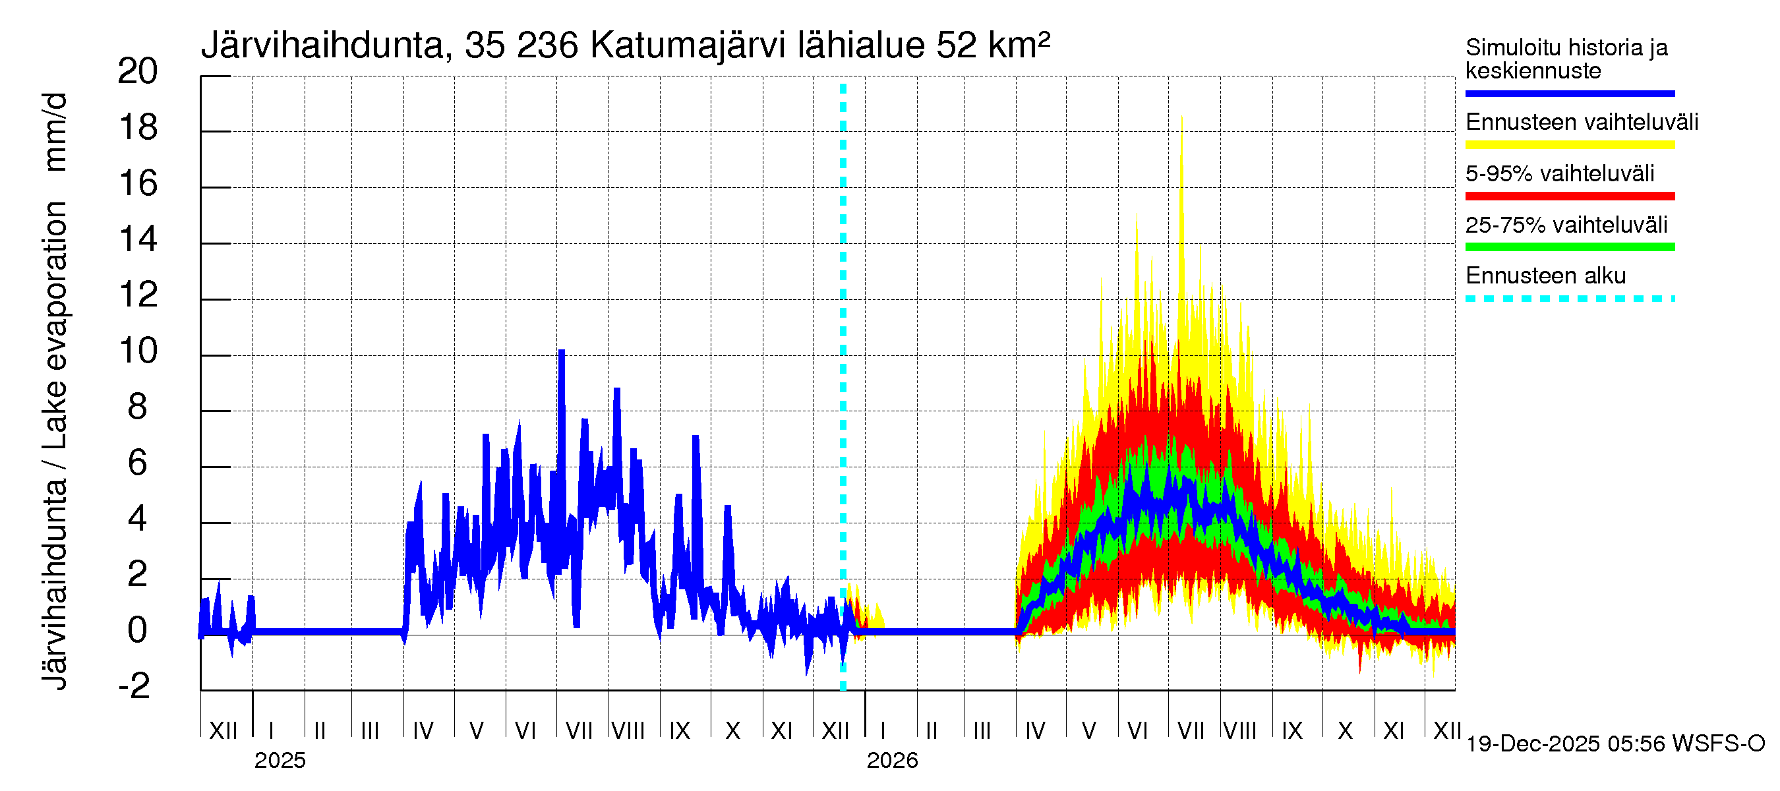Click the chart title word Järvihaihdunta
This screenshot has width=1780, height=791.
tap(322, 46)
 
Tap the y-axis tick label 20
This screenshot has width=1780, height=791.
tap(138, 71)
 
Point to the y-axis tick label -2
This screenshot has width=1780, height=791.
tap(134, 686)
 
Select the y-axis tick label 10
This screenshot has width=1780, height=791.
tap(138, 351)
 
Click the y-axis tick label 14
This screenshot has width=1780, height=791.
tap(138, 239)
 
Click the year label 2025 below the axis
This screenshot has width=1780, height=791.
tap(279, 760)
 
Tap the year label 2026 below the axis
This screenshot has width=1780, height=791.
tap(891, 760)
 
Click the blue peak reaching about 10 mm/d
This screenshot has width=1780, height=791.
tap(561, 354)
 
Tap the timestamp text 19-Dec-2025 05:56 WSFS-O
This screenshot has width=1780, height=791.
tap(1615, 744)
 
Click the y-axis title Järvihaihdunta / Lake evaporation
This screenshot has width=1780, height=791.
tap(55, 390)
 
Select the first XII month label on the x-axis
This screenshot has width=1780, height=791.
tap(223, 730)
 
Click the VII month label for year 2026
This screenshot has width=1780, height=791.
tap(1190, 730)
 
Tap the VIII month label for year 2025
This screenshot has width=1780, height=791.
tap(628, 730)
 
